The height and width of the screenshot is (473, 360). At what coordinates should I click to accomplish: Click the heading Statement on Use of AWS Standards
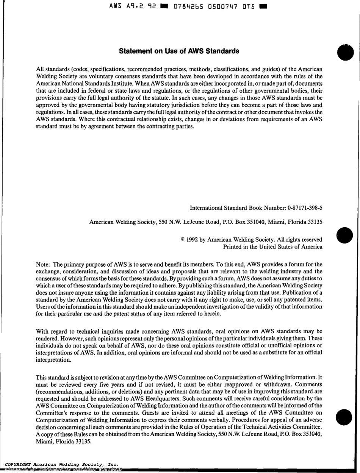[x=179, y=51]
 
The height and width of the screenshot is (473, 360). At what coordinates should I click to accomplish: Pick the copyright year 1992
[x=194, y=240]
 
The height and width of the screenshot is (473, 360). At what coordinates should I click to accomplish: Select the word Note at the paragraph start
[x=42, y=264]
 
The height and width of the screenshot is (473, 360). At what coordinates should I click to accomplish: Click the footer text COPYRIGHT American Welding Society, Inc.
[x=61, y=464]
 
